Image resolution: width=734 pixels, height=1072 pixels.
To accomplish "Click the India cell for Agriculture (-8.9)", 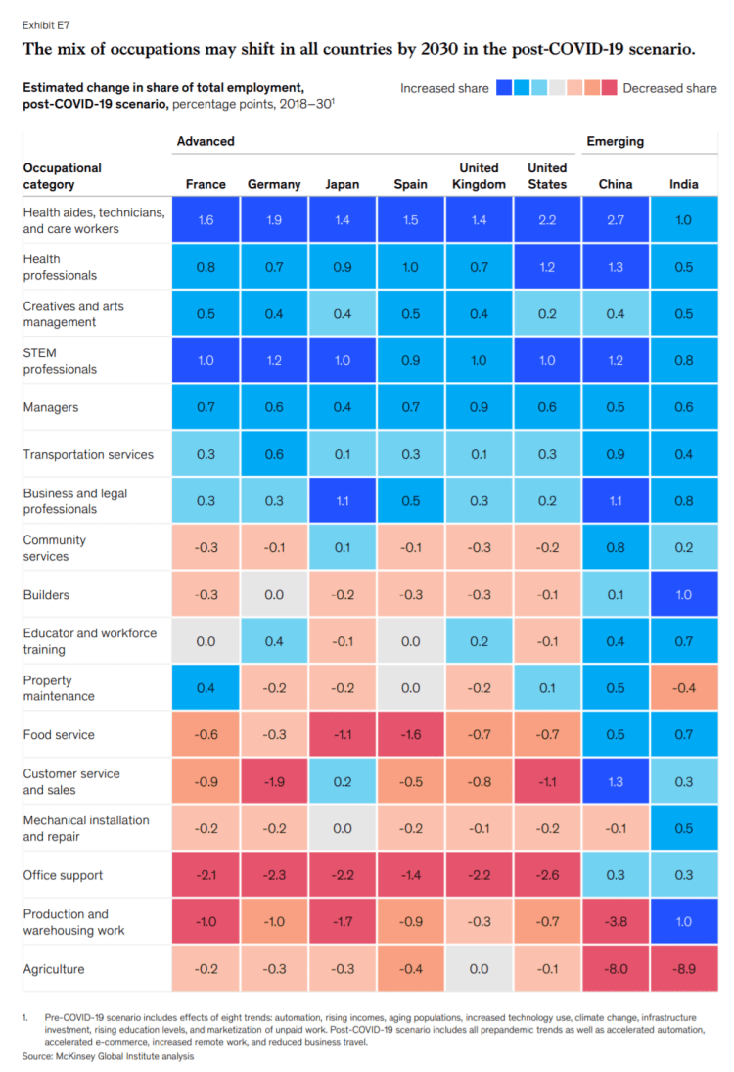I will tap(684, 969).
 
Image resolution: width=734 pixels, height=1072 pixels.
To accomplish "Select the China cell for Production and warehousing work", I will tap(616, 922).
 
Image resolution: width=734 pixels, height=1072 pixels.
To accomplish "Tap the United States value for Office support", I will tap(547, 875).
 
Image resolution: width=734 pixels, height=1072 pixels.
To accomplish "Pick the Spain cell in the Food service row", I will tap(410, 735).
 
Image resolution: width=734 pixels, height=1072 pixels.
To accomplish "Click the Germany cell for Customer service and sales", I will tap(274, 781).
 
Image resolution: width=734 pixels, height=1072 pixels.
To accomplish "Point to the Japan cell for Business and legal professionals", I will tap(343, 501).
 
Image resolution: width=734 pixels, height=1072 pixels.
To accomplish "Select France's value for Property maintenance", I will tap(206, 688).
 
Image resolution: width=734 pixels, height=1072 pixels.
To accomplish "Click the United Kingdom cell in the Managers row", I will tap(479, 407).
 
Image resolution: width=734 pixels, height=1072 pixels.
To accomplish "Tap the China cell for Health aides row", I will tap(616, 220).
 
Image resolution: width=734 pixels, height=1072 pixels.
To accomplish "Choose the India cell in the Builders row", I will tap(684, 595).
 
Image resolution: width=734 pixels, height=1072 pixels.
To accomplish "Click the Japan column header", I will tap(343, 184).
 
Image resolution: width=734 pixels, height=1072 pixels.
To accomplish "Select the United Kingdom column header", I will tap(479, 176).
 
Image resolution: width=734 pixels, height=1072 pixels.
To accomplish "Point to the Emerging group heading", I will tap(615, 141).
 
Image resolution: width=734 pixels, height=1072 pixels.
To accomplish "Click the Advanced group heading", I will tap(206, 141).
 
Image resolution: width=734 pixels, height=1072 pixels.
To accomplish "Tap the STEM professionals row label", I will tap(60, 361).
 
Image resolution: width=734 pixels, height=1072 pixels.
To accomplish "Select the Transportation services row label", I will tap(88, 454).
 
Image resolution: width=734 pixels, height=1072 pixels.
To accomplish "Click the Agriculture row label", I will tap(54, 969).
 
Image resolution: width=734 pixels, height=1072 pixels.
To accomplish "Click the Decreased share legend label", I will tap(669, 88).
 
